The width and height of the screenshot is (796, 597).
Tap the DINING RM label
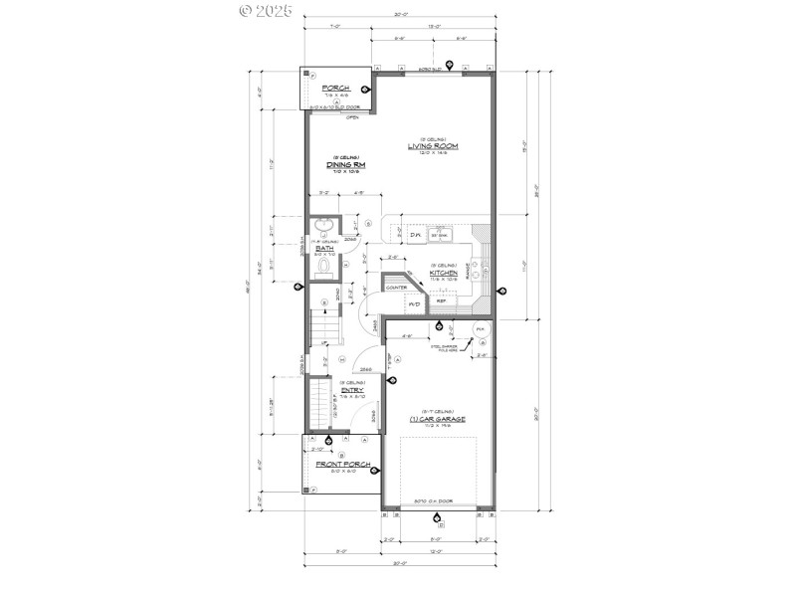click(x=346, y=164)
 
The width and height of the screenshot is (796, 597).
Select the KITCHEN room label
click(x=443, y=272)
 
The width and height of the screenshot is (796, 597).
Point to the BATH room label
click(x=324, y=248)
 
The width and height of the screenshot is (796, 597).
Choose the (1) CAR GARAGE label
click(x=431, y=420)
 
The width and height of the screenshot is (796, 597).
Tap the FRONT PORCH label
click(x=343, y=465)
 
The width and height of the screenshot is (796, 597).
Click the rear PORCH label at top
click(x=336, y=88)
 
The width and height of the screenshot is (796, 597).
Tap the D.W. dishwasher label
click(x=416, y=235)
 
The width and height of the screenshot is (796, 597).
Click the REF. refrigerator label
click(x=441, y=299)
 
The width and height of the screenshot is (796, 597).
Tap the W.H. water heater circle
click(x=480, y=328)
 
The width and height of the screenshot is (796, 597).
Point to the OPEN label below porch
click(x=352, y=117)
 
